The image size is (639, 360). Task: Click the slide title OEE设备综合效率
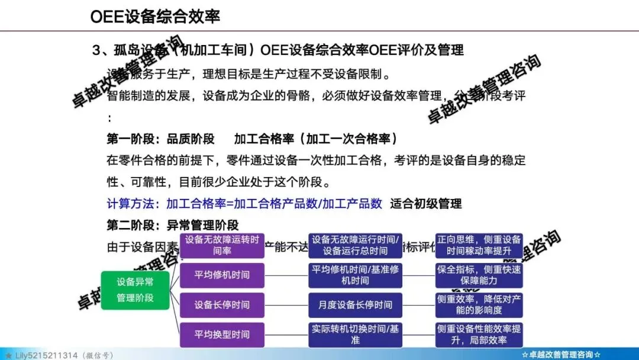click(x=155, y=16)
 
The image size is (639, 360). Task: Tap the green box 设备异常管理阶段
click(x=135, y=290)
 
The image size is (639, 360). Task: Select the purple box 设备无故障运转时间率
click(x=222, y=245)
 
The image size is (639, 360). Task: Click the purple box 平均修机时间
click(x=222, y=275)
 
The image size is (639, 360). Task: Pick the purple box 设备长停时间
click(x=222, y=305)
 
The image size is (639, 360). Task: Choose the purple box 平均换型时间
click(x=222, y=335)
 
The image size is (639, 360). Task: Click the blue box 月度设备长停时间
click(x=355, y=305)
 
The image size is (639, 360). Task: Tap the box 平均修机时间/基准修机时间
click(x=355, y=275)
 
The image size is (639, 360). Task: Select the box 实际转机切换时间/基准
click(x=355, y=335)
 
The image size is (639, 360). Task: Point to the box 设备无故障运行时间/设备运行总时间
click(x=355, y=245)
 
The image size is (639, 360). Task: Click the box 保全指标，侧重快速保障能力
click(x=479, y=275)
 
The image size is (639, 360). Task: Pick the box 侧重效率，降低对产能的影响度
click(x=479, y=305)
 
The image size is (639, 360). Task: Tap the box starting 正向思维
click(x=479, y=245)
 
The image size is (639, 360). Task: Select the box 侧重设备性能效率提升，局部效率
click(x=479, y=335)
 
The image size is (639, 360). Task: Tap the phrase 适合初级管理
click(x=426, y=204)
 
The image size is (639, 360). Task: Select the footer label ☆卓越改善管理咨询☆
click(x=562, y=355)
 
